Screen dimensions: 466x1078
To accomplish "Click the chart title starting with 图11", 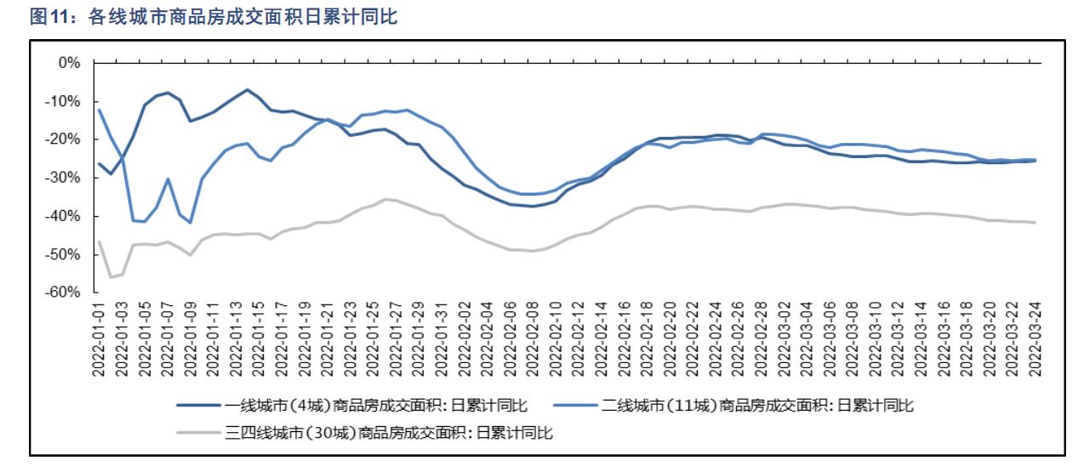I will (214, 16).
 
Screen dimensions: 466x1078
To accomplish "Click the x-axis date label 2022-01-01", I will (100, 338).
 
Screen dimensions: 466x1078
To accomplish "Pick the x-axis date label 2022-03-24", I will (1035, 338).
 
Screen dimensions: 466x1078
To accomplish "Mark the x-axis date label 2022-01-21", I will (328, 338).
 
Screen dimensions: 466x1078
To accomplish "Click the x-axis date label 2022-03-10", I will (876, 338).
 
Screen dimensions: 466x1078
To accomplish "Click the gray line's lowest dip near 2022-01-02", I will (111, 277).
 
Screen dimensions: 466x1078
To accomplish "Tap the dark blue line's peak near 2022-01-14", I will (248, 89).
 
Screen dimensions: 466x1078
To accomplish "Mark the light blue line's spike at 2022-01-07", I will (168, 179).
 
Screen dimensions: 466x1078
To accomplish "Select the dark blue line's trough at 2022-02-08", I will (533, 206).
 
